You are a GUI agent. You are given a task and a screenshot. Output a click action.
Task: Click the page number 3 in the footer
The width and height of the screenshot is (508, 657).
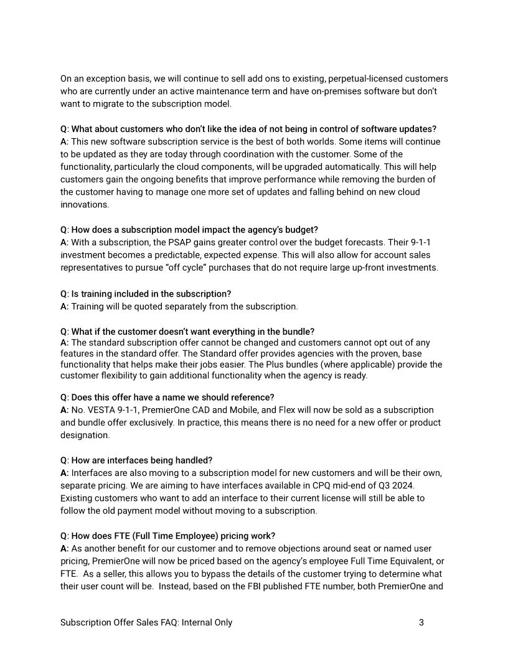pos(421,622)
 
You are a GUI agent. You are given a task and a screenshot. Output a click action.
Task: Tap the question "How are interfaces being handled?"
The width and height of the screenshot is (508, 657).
pos(136,460)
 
